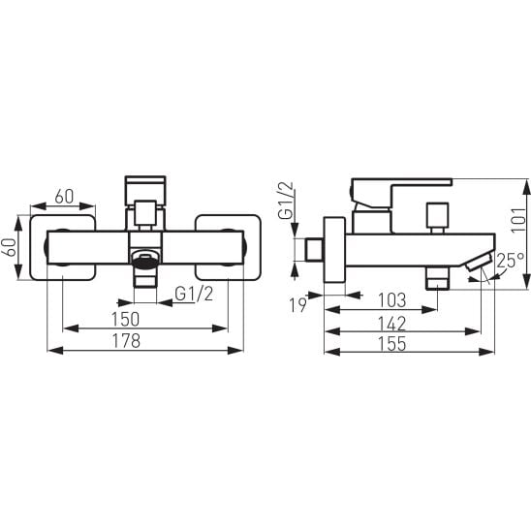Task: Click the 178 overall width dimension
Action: point(126,341)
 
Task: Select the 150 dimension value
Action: point(125,319)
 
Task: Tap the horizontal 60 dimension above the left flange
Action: point(64,197)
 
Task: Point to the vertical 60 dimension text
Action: point(9,247)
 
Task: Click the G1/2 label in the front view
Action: point(194,294)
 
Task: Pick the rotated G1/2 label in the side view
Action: point(286,201)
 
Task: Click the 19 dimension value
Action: point(298,305)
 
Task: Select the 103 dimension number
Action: point(391,300)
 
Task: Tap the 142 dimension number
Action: point(391,324)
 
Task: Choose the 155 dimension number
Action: point(391,344)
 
